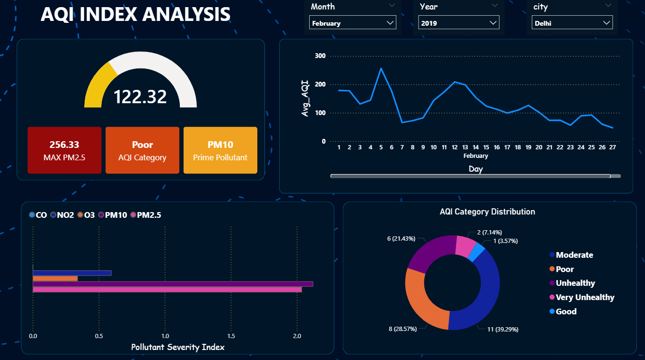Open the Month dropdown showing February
point(352,23)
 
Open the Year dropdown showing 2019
point(459,23)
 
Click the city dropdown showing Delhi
point(572,23)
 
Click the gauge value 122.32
point(140,97)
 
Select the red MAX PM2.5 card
point(64,150)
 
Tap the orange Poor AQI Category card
point(142,150)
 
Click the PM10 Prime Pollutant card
point(220,150)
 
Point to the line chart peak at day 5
point(381,68)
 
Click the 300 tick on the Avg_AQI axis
point(320,56)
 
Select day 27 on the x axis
point(612,147)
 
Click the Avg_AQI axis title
point(305,98)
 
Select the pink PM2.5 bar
point(167,290)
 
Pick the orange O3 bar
point(55,278)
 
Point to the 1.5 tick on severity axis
point(231,336)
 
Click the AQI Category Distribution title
point(487,212)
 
